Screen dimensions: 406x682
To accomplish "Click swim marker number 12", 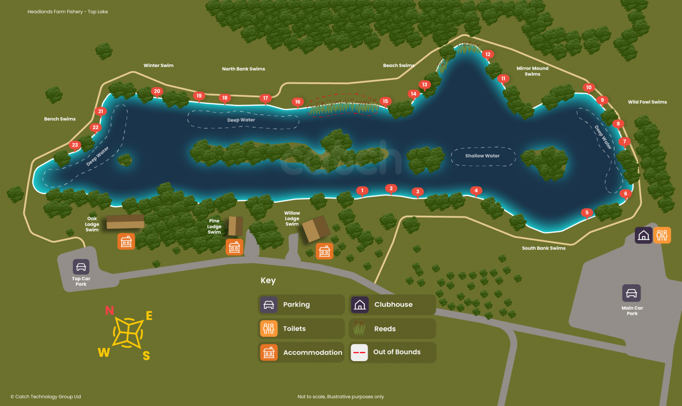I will point(488,55).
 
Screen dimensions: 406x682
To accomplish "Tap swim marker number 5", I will point(587,213).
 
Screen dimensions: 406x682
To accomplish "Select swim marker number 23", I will point(75,145).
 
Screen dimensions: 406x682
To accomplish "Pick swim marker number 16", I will point(297,102).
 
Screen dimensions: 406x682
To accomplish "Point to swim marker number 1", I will point(362,191).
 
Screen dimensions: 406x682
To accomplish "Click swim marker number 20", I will point(157,92).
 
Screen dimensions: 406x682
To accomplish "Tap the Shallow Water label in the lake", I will point(482,156).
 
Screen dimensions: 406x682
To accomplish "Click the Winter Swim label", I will point(159,66).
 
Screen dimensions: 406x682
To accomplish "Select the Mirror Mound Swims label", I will point(532,71).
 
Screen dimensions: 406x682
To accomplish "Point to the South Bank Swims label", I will point(543,248).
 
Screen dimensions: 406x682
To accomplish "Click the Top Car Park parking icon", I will point(81,267).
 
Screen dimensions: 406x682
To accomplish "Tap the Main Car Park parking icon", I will point(631,293).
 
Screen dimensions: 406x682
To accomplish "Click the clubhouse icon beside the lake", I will point(643,235).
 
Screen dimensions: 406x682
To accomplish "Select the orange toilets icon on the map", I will point(662,235).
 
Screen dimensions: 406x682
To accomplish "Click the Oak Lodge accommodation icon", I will point(126,242).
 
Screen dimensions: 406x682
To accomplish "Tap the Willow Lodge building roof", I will point(316,229).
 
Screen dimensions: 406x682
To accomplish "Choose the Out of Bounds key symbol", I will point(359,353).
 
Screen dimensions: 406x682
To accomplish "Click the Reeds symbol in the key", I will point(359,329).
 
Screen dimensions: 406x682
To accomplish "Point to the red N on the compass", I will point(109,310).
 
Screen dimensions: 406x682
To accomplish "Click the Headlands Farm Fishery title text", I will point(67,12).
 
